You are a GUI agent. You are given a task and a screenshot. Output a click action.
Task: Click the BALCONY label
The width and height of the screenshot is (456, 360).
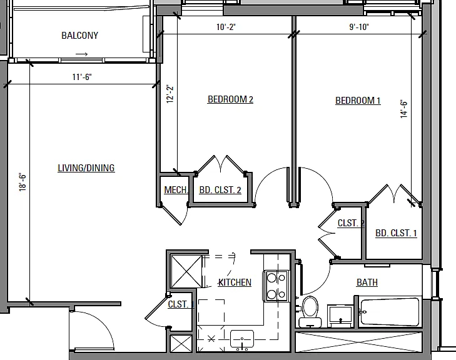pos(79,36)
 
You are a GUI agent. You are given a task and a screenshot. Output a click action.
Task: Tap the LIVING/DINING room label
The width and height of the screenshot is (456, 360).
pos(86,168)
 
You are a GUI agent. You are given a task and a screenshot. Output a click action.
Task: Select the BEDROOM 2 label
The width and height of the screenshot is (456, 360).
pos(230,99)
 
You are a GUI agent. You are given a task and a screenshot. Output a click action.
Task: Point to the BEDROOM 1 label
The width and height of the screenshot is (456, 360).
pos(358,101)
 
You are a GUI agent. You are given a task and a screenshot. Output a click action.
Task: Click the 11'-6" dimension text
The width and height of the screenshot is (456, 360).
pos(82,77)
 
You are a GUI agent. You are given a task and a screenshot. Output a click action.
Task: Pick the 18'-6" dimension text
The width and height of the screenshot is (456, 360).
pos(23,182)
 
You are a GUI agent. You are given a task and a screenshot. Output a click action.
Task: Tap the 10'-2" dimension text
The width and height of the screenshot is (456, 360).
pos(226,27)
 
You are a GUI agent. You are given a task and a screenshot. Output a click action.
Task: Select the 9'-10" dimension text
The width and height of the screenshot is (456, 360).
pos(359,27)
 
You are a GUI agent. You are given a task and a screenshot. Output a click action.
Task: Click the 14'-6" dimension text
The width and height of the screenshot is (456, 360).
pos(403,109)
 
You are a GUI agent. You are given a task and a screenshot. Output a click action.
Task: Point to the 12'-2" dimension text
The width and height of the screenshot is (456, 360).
pos(170,94)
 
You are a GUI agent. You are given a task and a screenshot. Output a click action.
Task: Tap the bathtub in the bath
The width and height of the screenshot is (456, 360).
pos(390,312)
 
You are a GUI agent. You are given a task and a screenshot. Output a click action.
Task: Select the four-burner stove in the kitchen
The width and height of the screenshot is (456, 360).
pos(276,286)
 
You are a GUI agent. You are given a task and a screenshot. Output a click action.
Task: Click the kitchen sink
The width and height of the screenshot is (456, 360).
pos(241,339)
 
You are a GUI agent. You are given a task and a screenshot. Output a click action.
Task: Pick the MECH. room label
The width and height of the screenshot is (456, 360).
pos(176,190)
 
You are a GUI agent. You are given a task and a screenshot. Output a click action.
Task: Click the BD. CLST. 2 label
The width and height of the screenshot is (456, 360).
pos(220,190)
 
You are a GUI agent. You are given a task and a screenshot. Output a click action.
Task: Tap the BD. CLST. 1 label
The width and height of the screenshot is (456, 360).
pos(396,233)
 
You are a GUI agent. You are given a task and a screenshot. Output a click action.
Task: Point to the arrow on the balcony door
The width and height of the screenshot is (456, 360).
pos(81,54)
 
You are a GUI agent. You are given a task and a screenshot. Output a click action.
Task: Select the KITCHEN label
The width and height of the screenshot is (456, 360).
pos(235,282)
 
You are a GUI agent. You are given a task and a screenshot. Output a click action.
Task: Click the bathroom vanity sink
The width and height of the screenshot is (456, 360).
pos(340,316)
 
